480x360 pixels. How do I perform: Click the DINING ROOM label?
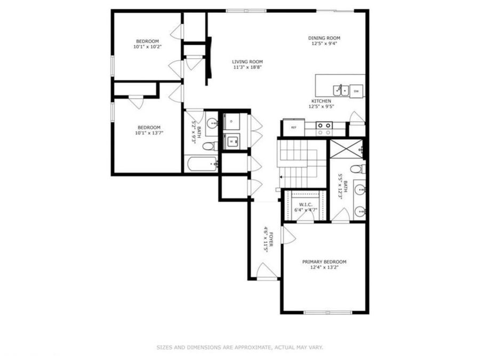point(324,38)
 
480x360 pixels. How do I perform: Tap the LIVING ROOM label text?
point(247,62)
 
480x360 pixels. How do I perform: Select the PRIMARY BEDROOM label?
point(324,262)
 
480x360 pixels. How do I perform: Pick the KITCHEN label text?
point(321,101)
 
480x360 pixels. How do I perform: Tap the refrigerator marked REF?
point(293,128)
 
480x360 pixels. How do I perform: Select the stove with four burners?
point(324,128)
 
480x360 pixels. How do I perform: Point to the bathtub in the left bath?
point(201,163)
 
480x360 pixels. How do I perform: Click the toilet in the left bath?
point(209,146)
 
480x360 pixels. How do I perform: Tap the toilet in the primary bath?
point(357,169)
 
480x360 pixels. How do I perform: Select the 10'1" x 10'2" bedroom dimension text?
point(147,47)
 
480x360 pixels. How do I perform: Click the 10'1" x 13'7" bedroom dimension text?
point(149,132)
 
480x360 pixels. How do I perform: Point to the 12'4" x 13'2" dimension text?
point(324,268)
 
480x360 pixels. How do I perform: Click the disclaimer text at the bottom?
point(239,347)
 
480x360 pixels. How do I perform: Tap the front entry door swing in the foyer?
point(267,270)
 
